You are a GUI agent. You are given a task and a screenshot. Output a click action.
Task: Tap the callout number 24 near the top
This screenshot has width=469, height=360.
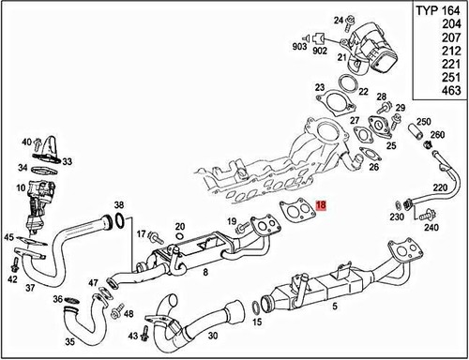(340, 19)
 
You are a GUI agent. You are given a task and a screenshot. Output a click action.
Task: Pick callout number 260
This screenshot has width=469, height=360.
(437, 134)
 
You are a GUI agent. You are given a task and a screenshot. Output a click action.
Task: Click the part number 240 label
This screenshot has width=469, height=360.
(431, 227)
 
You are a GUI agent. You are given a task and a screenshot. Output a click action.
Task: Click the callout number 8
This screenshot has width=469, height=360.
(205, 272)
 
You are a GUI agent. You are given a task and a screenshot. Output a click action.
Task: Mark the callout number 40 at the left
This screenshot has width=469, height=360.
(26, 141)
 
